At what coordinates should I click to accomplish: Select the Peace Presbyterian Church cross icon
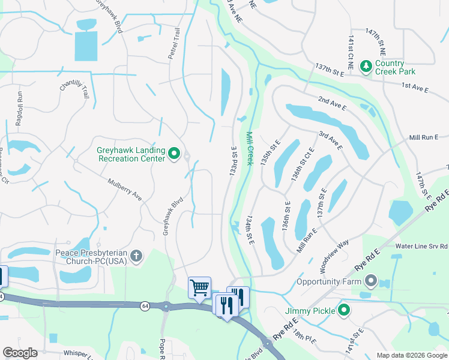click(136, 257)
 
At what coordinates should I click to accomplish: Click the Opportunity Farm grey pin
click(370, 281)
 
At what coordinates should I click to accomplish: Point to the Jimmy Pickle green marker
click(344, 310)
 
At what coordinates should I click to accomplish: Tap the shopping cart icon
click(199, 287)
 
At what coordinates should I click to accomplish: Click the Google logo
click(20, 353)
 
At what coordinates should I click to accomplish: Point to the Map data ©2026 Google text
click(411, 355)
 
